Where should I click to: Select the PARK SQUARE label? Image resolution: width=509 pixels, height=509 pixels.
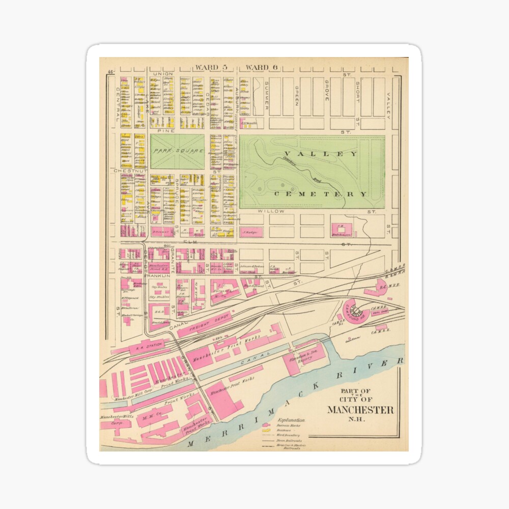point(177,151)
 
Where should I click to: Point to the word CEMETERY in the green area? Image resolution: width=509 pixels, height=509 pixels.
point(321,194)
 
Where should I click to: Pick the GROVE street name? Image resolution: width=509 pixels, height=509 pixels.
point(326,90)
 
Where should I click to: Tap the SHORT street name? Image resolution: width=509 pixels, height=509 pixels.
point(357,92)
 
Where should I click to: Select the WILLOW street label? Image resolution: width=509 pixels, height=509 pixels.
point(270,210)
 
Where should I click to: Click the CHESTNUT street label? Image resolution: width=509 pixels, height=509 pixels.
point(130,172)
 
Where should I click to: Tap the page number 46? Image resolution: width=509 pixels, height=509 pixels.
point(110,72)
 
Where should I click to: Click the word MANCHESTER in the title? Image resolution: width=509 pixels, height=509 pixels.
point(359,410)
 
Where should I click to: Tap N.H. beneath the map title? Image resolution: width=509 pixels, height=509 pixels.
point(359,420)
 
